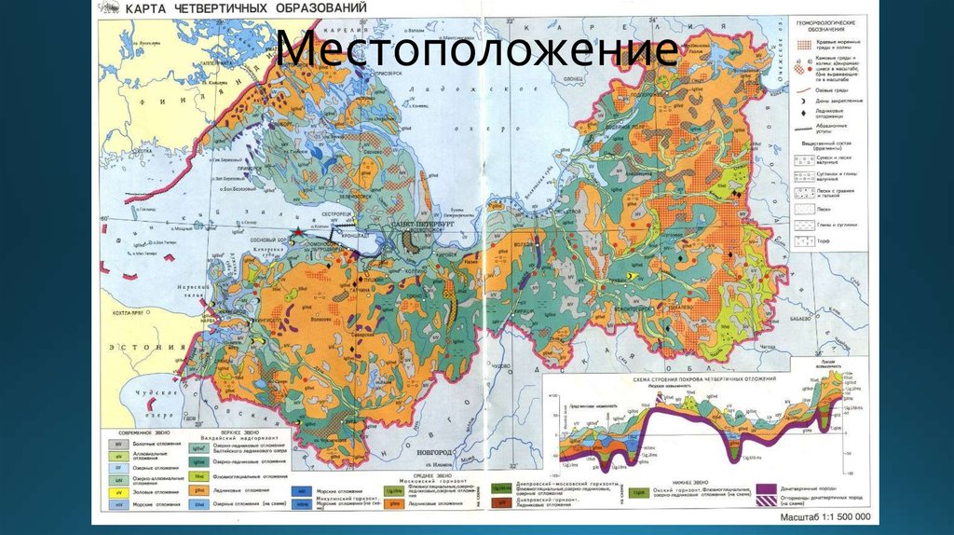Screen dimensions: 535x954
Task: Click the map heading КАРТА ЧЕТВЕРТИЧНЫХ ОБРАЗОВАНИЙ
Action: [246, 9]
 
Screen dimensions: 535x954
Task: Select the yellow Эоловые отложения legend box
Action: [120, 491]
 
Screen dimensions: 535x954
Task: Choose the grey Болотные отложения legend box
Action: [120, 445]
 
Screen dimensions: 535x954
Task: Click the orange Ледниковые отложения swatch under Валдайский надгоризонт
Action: [199, 488]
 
